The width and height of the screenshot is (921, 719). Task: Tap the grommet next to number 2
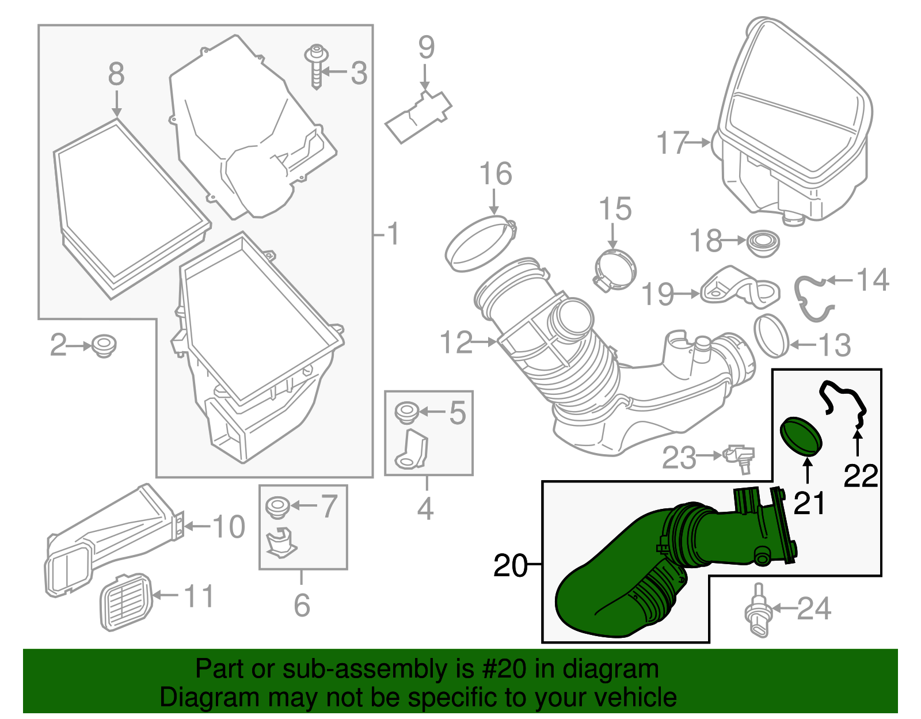pos(104,345)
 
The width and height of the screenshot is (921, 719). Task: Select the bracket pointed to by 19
pos(740,288)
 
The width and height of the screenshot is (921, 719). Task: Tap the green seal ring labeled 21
pos(801,437)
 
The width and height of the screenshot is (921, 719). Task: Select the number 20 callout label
pos(510,566)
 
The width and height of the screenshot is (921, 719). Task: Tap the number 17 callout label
pos(672,143)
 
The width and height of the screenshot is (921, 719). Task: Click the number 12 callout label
pos(456,343)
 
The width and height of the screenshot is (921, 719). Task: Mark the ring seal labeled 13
pos(771,336)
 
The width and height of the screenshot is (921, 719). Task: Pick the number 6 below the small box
pos(302,605)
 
